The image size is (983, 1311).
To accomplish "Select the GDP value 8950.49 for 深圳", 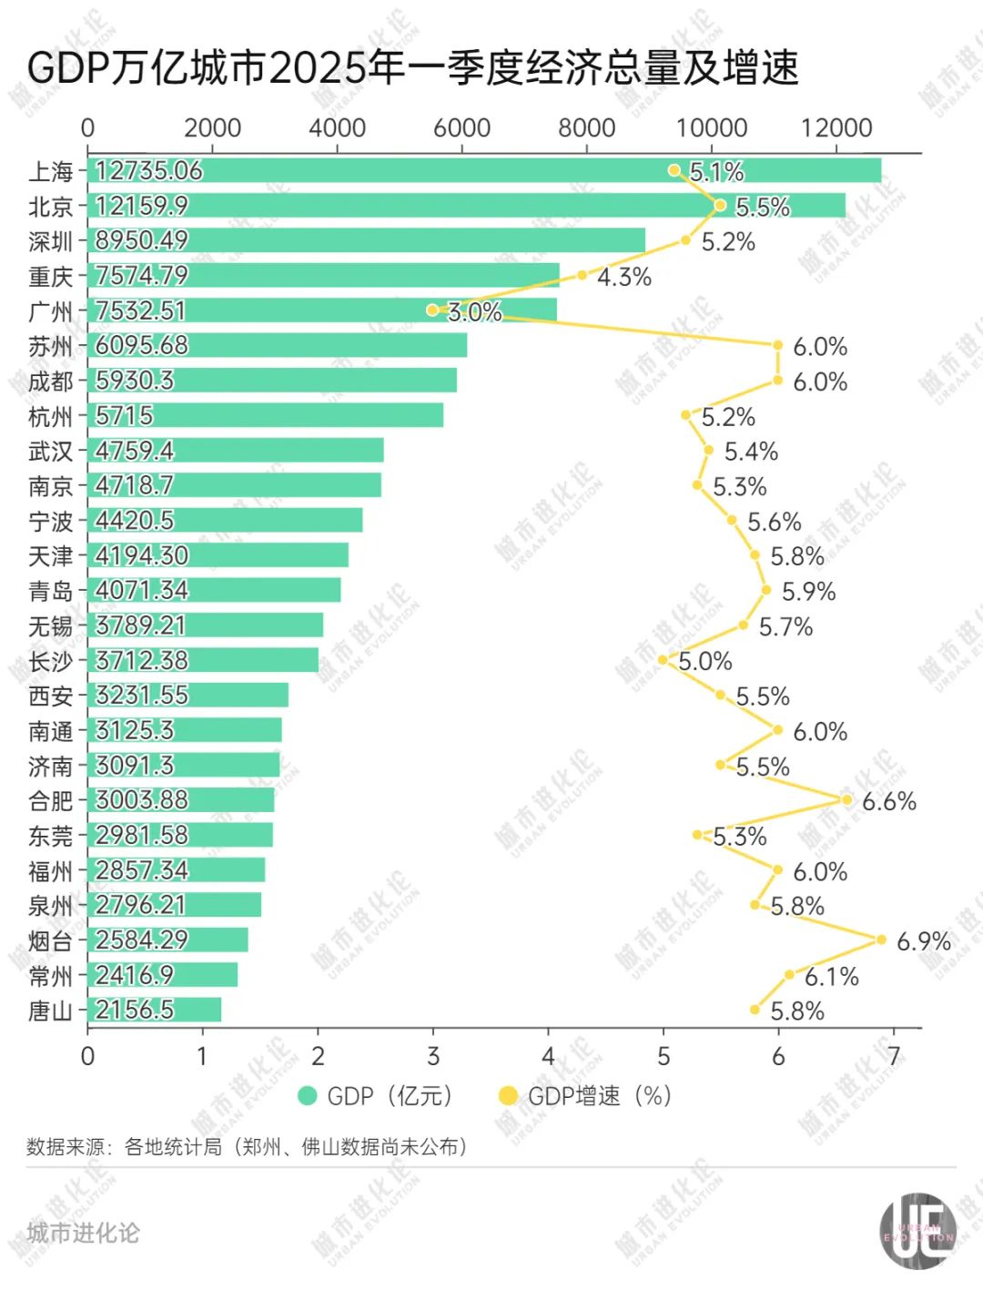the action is point(142,240).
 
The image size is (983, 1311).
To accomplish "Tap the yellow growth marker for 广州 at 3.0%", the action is point(432,310).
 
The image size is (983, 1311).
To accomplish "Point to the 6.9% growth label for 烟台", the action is point(923,941).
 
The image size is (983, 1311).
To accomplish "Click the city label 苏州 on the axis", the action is point(51,346).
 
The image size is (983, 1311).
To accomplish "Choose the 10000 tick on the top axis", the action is point(711,127).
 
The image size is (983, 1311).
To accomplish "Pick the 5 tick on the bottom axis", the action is point(664,1056).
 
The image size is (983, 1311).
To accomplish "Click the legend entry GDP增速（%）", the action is point(598,1095).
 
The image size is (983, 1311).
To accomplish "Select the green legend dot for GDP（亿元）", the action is point(308,1095).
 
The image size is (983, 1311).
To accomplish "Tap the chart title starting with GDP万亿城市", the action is point(413,67).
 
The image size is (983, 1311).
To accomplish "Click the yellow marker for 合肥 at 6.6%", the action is point(846,800).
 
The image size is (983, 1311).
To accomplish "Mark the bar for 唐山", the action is point(155,1010).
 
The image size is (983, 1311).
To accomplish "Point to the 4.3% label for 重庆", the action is point(623,277).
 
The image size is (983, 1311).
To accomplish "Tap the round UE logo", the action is point(917,1231).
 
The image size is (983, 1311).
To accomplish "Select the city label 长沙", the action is point(51,661).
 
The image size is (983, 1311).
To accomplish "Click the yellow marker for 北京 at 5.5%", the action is point(720,205).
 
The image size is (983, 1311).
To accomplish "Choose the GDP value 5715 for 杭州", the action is point(125,416).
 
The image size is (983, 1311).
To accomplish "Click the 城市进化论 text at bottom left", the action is point(83,1233).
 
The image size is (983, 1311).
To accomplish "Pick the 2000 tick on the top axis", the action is point(212,127).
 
